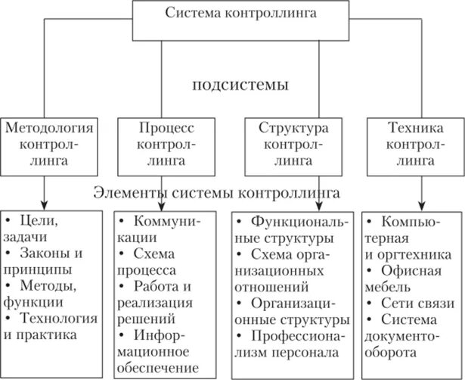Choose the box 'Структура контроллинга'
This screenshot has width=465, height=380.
(x=288, y=142)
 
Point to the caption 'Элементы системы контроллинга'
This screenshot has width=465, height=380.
(x=216, y=193)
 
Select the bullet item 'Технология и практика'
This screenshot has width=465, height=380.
(x=53, y=325)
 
